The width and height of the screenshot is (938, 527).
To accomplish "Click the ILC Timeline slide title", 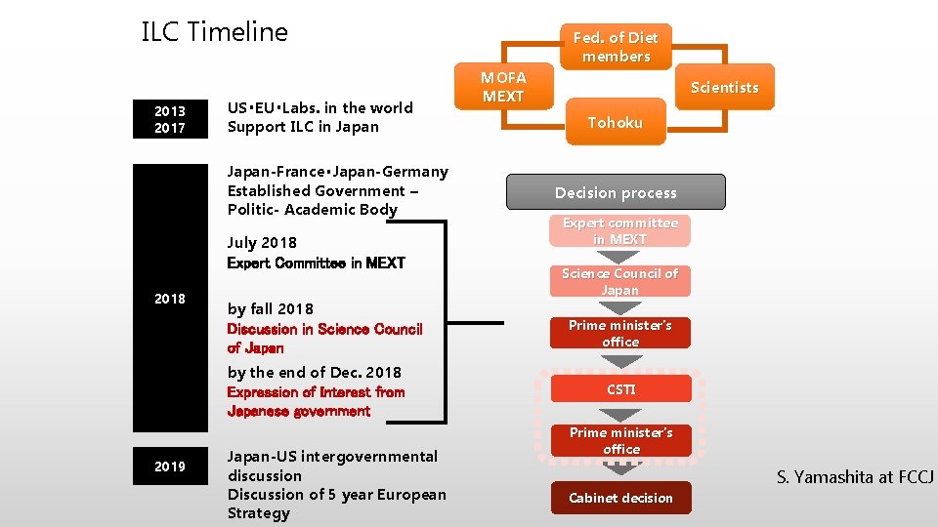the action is point(215,32).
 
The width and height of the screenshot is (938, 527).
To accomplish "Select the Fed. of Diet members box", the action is point(615,47).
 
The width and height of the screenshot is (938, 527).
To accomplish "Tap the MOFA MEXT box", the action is point(503,87).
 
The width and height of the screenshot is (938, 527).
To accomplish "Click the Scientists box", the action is point(724,88).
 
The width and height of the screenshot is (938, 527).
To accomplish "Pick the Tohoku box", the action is point(615,122).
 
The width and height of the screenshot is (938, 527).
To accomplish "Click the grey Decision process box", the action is point(616,192).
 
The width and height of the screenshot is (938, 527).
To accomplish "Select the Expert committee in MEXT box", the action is point(619,230).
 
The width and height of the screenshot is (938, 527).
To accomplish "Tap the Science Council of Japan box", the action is point(619,281).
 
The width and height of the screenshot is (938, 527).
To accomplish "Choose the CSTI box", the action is point(620,389).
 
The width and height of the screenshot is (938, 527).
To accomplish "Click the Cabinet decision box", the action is point(620,498).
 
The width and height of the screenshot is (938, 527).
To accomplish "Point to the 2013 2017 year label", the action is point(170,118).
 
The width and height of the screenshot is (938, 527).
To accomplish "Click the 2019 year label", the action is point(170,466).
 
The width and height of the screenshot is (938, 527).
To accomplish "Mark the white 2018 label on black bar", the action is point(170,299).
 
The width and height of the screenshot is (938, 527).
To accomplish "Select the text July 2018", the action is point(262,242).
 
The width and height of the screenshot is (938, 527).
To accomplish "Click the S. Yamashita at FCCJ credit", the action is point(855,477).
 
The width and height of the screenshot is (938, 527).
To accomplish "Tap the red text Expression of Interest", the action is point(316,392).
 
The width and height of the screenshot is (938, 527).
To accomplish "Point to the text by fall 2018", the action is point(271,308).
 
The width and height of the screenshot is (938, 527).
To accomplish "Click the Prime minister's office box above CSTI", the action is point(620,333).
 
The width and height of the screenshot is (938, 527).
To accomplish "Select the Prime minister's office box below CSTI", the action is point(620,440).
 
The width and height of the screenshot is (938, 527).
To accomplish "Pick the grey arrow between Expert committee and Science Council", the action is point(619,257).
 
